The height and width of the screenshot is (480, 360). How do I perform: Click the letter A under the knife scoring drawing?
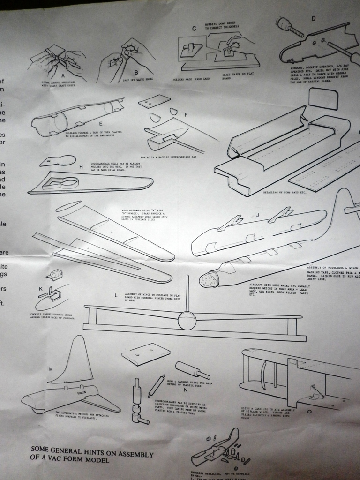click(x=62, y=75)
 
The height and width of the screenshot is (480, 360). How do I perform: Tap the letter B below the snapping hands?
click(x=136, y=72)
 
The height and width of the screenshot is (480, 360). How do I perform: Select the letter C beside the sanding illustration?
click(x=194, y=29)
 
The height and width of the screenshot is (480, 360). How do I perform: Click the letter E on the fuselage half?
click(x=101, y=124)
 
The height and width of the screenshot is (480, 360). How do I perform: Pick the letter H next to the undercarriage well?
click(x=81, y=167)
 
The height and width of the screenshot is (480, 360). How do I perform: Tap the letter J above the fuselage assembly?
click(x=258, y=215)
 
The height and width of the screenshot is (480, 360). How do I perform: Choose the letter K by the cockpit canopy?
click(x=41, y=288)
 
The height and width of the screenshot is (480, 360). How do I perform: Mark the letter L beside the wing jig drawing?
click(x=116, y=295)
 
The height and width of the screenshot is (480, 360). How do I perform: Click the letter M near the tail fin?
click(x=51, y=369)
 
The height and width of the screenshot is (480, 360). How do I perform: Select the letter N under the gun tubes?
click(x=186, y=389)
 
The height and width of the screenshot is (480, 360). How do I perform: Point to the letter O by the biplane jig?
click(x=309, y=411)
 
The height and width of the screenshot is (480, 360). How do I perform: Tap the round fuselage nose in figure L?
click(x=187, y=322)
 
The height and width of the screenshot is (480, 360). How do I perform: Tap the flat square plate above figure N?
click(x=146, y=354)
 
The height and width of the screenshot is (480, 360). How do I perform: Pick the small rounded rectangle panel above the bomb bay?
click(x=323, y=99)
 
